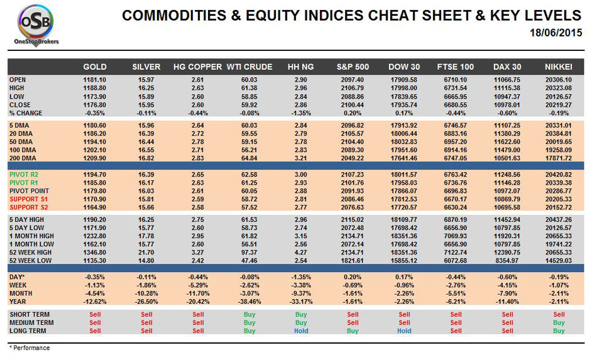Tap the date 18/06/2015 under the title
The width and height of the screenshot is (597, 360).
(556, 33)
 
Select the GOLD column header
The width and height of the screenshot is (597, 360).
(95, 67)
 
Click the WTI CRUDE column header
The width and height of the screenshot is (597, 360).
(249, 67)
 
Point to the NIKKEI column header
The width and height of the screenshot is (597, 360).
(559, 67)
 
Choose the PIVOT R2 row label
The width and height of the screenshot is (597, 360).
(24, 175)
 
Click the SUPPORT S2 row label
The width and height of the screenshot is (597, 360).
(28, 207)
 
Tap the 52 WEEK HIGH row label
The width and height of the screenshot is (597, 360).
(30, 253)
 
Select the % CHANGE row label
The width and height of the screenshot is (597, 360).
(26, 113)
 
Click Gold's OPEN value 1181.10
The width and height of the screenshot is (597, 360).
(95, 80)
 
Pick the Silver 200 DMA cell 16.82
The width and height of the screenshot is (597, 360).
(146, 158)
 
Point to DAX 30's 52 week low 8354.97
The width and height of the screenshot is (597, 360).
(507, 261)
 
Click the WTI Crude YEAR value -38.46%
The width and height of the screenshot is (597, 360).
(249, 302)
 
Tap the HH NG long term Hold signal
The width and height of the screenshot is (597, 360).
(301, 331)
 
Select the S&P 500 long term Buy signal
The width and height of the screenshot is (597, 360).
(353, 331)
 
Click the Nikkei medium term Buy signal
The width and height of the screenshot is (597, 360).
(559, 323)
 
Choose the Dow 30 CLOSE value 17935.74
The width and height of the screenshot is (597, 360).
(404, 105)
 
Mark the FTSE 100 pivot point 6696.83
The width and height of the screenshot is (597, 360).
(456, 191)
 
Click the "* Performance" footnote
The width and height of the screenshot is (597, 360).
(30, 348)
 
